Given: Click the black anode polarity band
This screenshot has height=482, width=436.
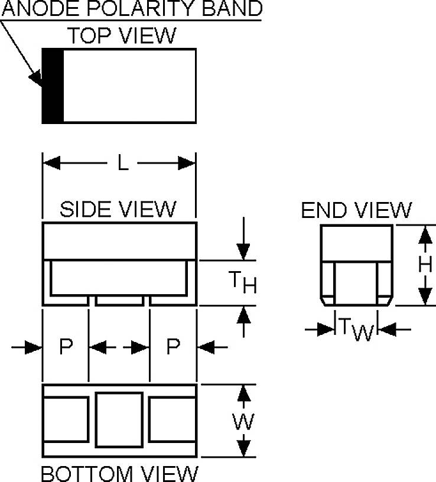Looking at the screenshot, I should pyautogui.click(x=53, y=86).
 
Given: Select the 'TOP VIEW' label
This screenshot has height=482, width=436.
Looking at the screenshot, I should pyautogui.click(x=121, y=35).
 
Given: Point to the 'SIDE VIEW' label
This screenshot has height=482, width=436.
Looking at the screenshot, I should pyautogui.click(x=118, y=209).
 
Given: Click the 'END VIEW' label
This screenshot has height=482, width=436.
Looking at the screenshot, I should pyautogui.click(x=356, y=210).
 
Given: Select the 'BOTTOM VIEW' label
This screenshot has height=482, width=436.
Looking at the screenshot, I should pyautogui.click(x=119, y=473).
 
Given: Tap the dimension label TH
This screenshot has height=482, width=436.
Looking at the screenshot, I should pyautogui.click(x=242, y=283).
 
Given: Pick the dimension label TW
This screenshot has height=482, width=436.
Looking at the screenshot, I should pyautogui.click(x=356, y=329).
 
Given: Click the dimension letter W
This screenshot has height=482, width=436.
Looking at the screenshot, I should pyautogui.click(x=243, y=421).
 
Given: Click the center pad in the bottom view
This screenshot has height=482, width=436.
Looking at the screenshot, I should pyautogui.click(x=119, y=420).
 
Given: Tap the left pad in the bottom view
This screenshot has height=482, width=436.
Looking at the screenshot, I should pyautogui.click(x=66, y=420).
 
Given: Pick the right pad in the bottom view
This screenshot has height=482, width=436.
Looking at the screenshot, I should pyautogui.click(x=172, y=420).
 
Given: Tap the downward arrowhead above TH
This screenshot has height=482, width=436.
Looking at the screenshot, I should pyautogui.click(x=243, y=250).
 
